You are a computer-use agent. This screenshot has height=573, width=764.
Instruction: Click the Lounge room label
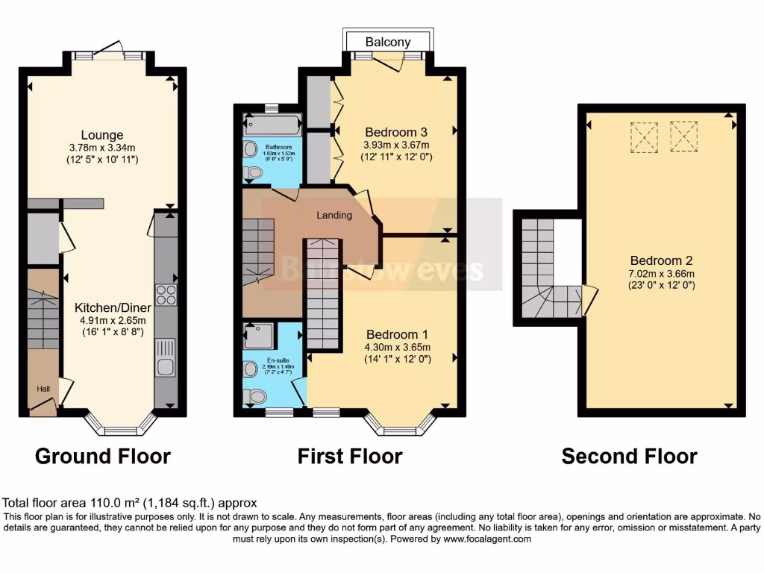[102, 135]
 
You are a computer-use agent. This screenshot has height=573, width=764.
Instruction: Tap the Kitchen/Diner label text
[113, 307]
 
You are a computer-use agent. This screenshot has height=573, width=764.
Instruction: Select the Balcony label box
[387, 42]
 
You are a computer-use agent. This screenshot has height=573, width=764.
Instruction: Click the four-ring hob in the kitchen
[166, 295]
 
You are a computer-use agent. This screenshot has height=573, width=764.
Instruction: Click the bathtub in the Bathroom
[272, 125]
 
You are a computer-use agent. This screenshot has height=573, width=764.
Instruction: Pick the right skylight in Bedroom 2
[683, 136]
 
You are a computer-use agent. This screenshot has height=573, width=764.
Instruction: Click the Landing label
[334, 215]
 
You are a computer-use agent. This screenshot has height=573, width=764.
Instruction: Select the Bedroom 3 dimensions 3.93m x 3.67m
[397, 145]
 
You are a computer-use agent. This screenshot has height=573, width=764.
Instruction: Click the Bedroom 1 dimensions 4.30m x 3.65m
[397, 347]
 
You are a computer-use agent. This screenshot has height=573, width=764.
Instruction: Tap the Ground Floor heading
[103, 456]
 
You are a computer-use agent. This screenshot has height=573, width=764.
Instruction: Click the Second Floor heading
[630, 456]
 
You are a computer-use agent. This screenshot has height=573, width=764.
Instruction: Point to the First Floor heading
[350, 456]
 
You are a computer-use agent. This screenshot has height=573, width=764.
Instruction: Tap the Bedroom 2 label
[661, 260]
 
